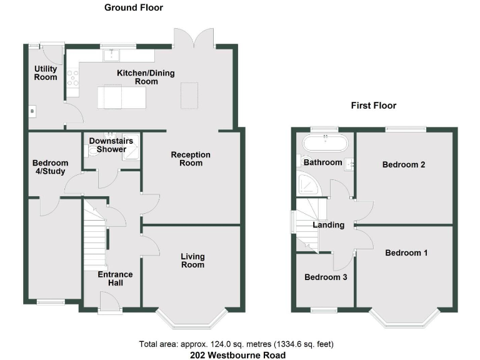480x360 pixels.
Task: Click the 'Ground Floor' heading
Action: pyautogui.click(x=133, y=7)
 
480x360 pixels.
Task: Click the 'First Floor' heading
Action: pyautogui.click(x=373, y=106)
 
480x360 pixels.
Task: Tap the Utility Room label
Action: pyautogui.click(x=46, y=72)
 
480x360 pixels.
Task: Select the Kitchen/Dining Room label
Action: pyautogui.click(x=146, y=77)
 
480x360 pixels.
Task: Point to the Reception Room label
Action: pyautogui.click(x=191, y=159)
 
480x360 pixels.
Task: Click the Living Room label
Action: pyautogui.click(x=192, y=261)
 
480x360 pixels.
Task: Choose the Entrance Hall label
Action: pyautogui.click(x=115, y=278)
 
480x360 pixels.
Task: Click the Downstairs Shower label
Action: pyautogui.click(x=111, y=145)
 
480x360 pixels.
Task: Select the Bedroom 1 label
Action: pyautogui.click(x=406, y=253)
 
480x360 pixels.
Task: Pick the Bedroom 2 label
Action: pyautogui.click(x=404, y=165)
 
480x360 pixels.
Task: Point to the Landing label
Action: pyautogui.click(x=329, y=225)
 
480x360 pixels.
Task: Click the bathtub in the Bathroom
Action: pyautogui.click(x=324, y=143)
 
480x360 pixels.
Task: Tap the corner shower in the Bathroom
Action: pyautogui.click(x=307, y=183)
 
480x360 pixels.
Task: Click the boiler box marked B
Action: pyautogui.click(x=32, y=111)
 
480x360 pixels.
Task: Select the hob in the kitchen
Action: pyautogui.click(x=72, y=77)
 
